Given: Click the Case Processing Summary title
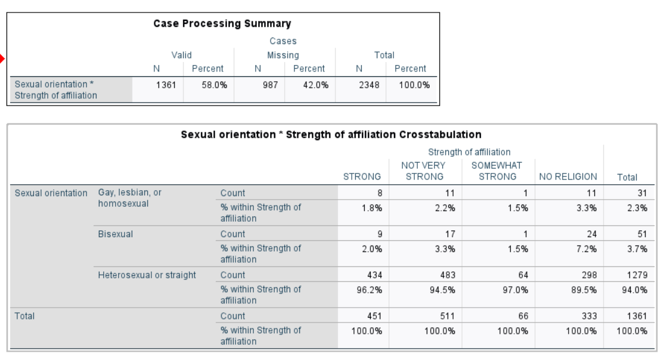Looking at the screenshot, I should click(222, 24).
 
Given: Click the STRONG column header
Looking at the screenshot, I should click(362, 176).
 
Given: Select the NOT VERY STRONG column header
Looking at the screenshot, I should click(424, 170).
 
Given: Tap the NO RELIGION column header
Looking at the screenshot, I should click(567, 176).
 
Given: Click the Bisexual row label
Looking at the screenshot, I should click(115, 234).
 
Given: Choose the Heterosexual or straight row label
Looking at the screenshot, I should click(147, 275).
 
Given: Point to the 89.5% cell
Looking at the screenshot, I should click(585, 289).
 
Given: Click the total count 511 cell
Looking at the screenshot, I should click(446, 316).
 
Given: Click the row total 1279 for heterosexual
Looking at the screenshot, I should click(637, 275).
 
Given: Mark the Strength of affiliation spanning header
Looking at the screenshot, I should click(469, 152).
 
